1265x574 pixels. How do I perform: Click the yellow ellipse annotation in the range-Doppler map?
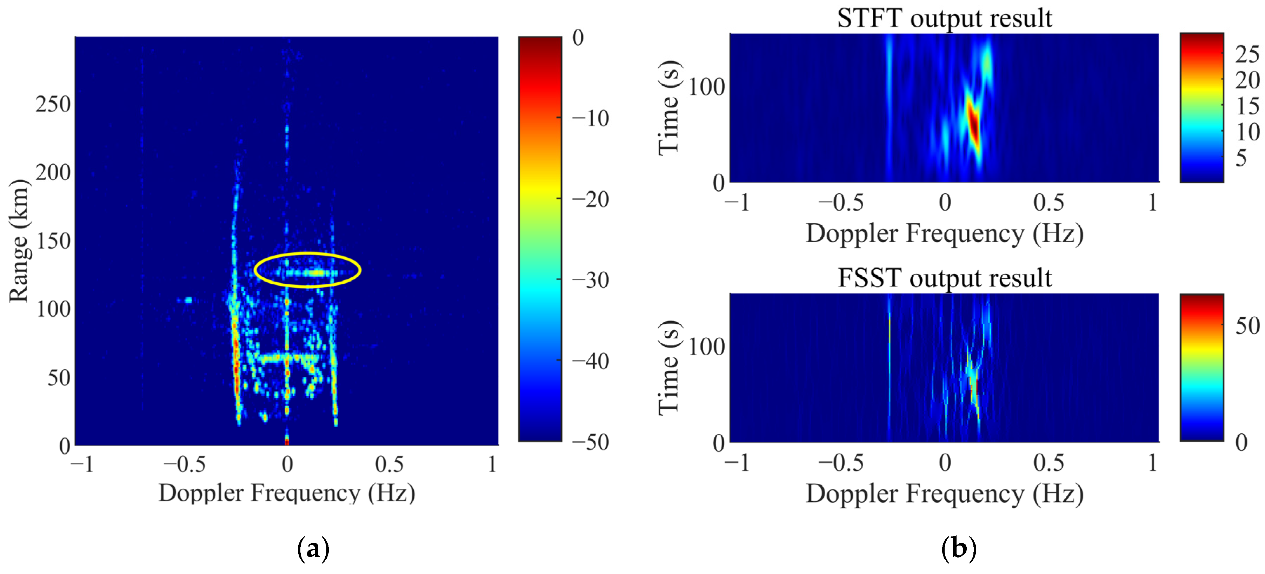point(307,254)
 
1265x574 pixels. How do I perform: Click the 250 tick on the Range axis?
point(53,104)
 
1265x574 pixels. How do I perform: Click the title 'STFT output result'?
point(944,19)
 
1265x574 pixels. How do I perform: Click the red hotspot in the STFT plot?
point(973,123)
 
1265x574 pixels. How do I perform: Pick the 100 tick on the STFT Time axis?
point(706,87)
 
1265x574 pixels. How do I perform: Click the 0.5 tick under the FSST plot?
point(1048,463)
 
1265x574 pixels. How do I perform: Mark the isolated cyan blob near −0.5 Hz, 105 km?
point(187,300)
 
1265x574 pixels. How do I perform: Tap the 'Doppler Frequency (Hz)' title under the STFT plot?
point(944,233)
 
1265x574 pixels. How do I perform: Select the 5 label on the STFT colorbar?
point(1241,158)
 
